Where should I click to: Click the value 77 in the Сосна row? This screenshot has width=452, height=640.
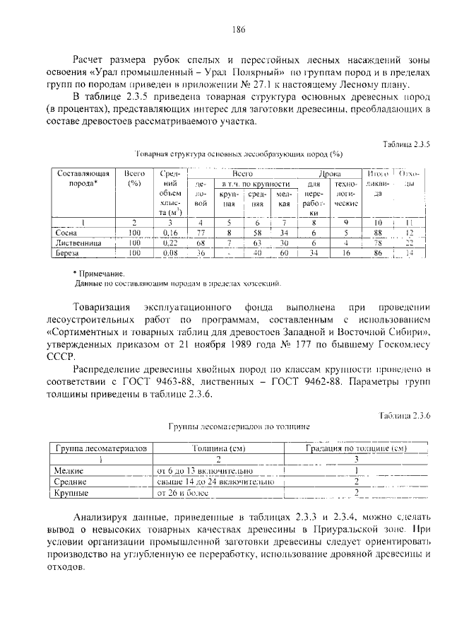(201, 231)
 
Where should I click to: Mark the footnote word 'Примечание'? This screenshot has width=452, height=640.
(103, 273)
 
